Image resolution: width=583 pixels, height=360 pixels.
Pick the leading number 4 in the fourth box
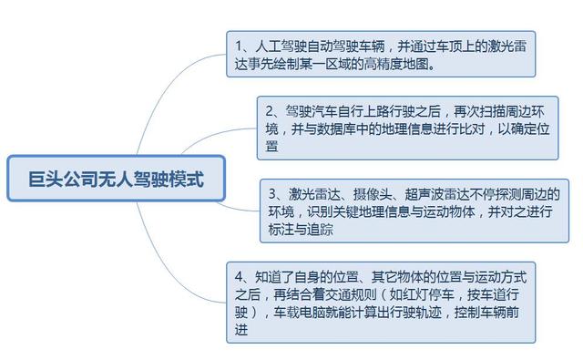click(239, 276)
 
